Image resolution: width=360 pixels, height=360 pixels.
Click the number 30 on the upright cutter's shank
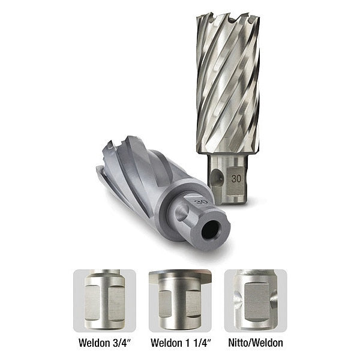pos(236,179)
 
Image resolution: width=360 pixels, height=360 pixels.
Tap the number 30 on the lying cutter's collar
pos(202,202)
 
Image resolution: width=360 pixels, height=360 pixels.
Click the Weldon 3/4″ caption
pos(104,344)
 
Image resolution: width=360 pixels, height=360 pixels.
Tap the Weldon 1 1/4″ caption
pos(179,344)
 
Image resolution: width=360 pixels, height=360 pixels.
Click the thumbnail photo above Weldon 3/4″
pos(104,300)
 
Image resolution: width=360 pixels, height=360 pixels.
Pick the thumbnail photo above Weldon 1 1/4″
pos(179,300)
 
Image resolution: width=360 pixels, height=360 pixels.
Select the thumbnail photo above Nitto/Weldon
pos(256,300)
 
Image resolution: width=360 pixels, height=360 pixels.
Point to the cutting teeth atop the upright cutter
pos(228,21)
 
